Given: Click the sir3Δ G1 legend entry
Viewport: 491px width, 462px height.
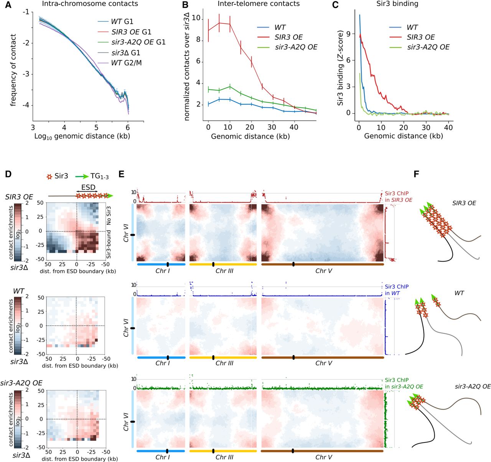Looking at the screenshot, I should (x=125, y=52).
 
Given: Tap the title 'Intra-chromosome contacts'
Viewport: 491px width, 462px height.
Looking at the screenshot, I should (x=90, y=4).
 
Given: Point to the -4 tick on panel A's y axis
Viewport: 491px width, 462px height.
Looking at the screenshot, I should (x=26, y=105).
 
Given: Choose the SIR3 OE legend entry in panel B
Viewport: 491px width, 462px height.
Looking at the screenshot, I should (x=288, y=37).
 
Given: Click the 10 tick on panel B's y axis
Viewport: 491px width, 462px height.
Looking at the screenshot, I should (x=196, y=18).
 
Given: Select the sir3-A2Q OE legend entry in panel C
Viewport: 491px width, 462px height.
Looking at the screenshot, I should (x=428, y=47).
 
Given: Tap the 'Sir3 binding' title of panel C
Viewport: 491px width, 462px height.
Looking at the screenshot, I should (x=397, y=4).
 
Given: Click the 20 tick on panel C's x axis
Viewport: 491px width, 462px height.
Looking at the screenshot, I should (x=404, y=127).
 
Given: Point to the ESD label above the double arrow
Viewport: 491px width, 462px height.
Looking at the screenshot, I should (x=88, y=188).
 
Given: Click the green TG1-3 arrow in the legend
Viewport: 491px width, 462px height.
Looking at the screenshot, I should (x=82, y=176).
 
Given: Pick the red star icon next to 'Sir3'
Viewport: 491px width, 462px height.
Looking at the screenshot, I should (x=49, y=176).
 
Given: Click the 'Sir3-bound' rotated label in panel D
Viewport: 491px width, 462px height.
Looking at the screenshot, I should (x=109, y=244).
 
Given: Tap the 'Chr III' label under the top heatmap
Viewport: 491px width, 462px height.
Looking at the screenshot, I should (x=224, y=271).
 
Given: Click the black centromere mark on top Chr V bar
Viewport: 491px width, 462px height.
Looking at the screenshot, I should (x=293, y=264).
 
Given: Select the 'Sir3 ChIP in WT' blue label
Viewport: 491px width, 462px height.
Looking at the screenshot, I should (x=397, y=290).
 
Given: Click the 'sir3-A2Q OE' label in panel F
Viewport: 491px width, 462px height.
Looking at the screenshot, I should (x=473, y=387).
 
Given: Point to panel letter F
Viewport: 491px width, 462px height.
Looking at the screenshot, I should (x=417, y=174).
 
